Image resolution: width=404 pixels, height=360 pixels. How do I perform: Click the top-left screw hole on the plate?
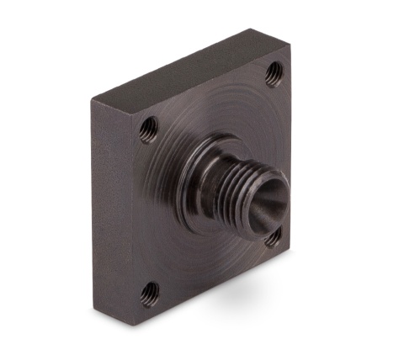pyautogui.click(x=149, y=128)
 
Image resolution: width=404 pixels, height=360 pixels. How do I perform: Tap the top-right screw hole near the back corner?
pyautogui.click(x=273, y=74)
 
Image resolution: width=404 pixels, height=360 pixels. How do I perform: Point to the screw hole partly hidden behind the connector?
pyautogui.click(x=272, y=237)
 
